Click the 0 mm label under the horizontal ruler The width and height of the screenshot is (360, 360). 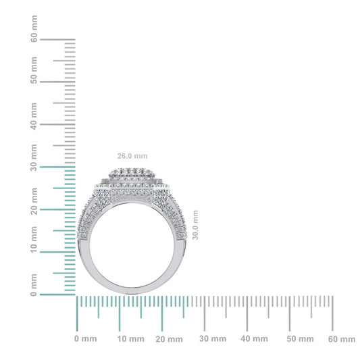click(86, 338)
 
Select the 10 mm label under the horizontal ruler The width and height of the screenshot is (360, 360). click(130, 338)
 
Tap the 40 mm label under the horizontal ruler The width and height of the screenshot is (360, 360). click(257, 338)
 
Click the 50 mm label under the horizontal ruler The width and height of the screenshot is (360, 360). click(299, 338)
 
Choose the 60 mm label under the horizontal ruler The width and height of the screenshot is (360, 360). click(341, 338)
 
